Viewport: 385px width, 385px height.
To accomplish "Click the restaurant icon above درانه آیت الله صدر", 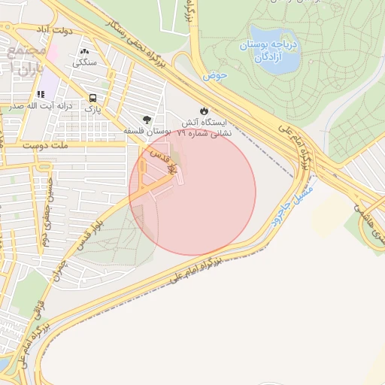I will pos(41,94).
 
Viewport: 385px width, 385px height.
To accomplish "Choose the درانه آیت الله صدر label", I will pos(41,107).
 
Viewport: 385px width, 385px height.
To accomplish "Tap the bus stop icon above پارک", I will pos(92,98).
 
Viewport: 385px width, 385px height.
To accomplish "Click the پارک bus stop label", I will pos(92,110).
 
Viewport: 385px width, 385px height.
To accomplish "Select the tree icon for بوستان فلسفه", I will pos(147,119).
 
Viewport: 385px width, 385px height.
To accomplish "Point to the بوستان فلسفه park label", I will pos(147,132).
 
